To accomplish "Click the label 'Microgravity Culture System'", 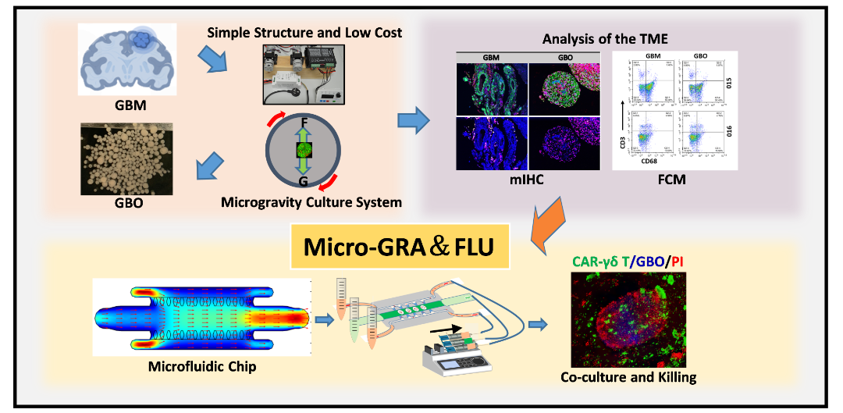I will pos(311,203).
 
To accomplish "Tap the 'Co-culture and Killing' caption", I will pos(628,378).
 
